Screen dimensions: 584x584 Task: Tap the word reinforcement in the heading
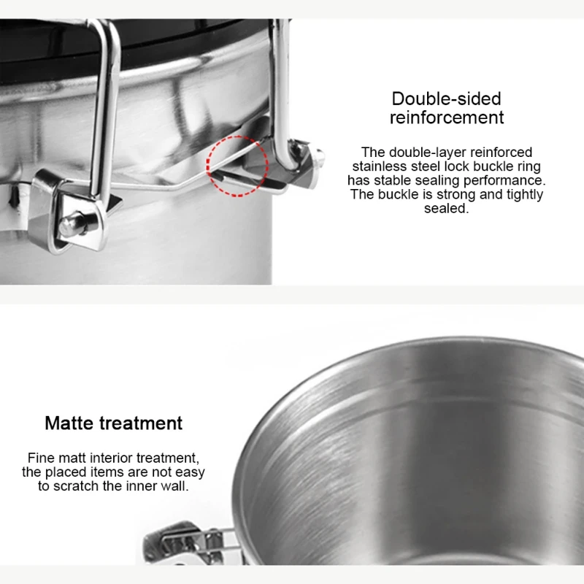point(446,118)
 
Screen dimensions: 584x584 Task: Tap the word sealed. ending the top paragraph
point(446,208)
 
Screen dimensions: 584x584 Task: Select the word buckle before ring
point(489,166)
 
